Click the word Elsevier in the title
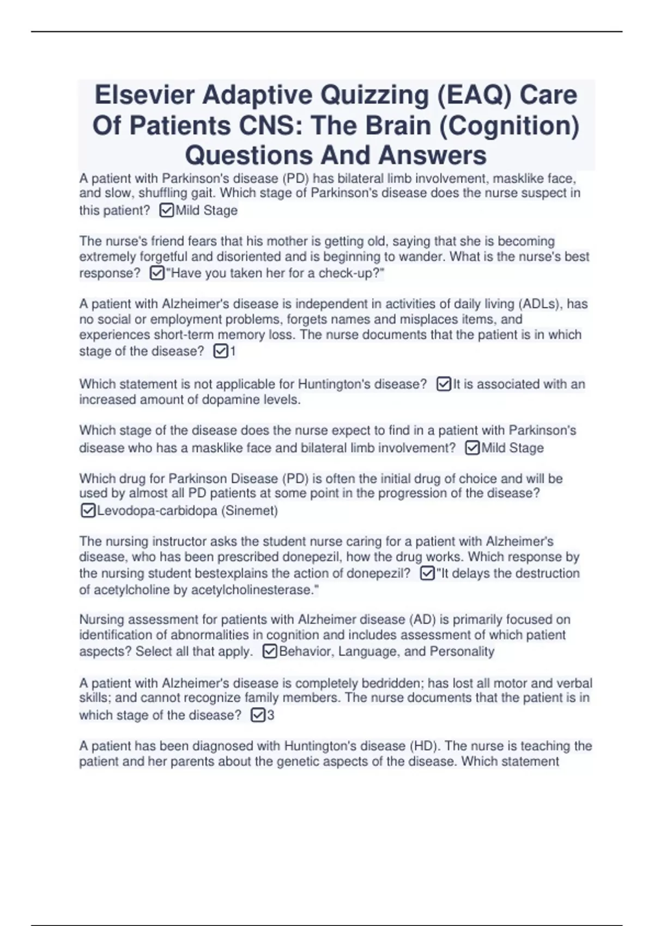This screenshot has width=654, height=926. [x=144, y=95]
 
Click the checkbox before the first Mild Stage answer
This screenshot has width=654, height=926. [x=167, y=210]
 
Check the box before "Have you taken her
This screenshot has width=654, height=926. [x=157, y=273]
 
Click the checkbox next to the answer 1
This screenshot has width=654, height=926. [x=221, y=351]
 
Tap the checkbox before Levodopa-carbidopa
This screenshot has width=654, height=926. [x=88, y=510]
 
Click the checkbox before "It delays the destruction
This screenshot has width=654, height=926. [x=428, y=573]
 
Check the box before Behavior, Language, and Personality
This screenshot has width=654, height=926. [x=270, y=651]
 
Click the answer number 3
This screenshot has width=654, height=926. [x=271, y=715]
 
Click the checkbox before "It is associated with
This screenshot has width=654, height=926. [x=444, y=385]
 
